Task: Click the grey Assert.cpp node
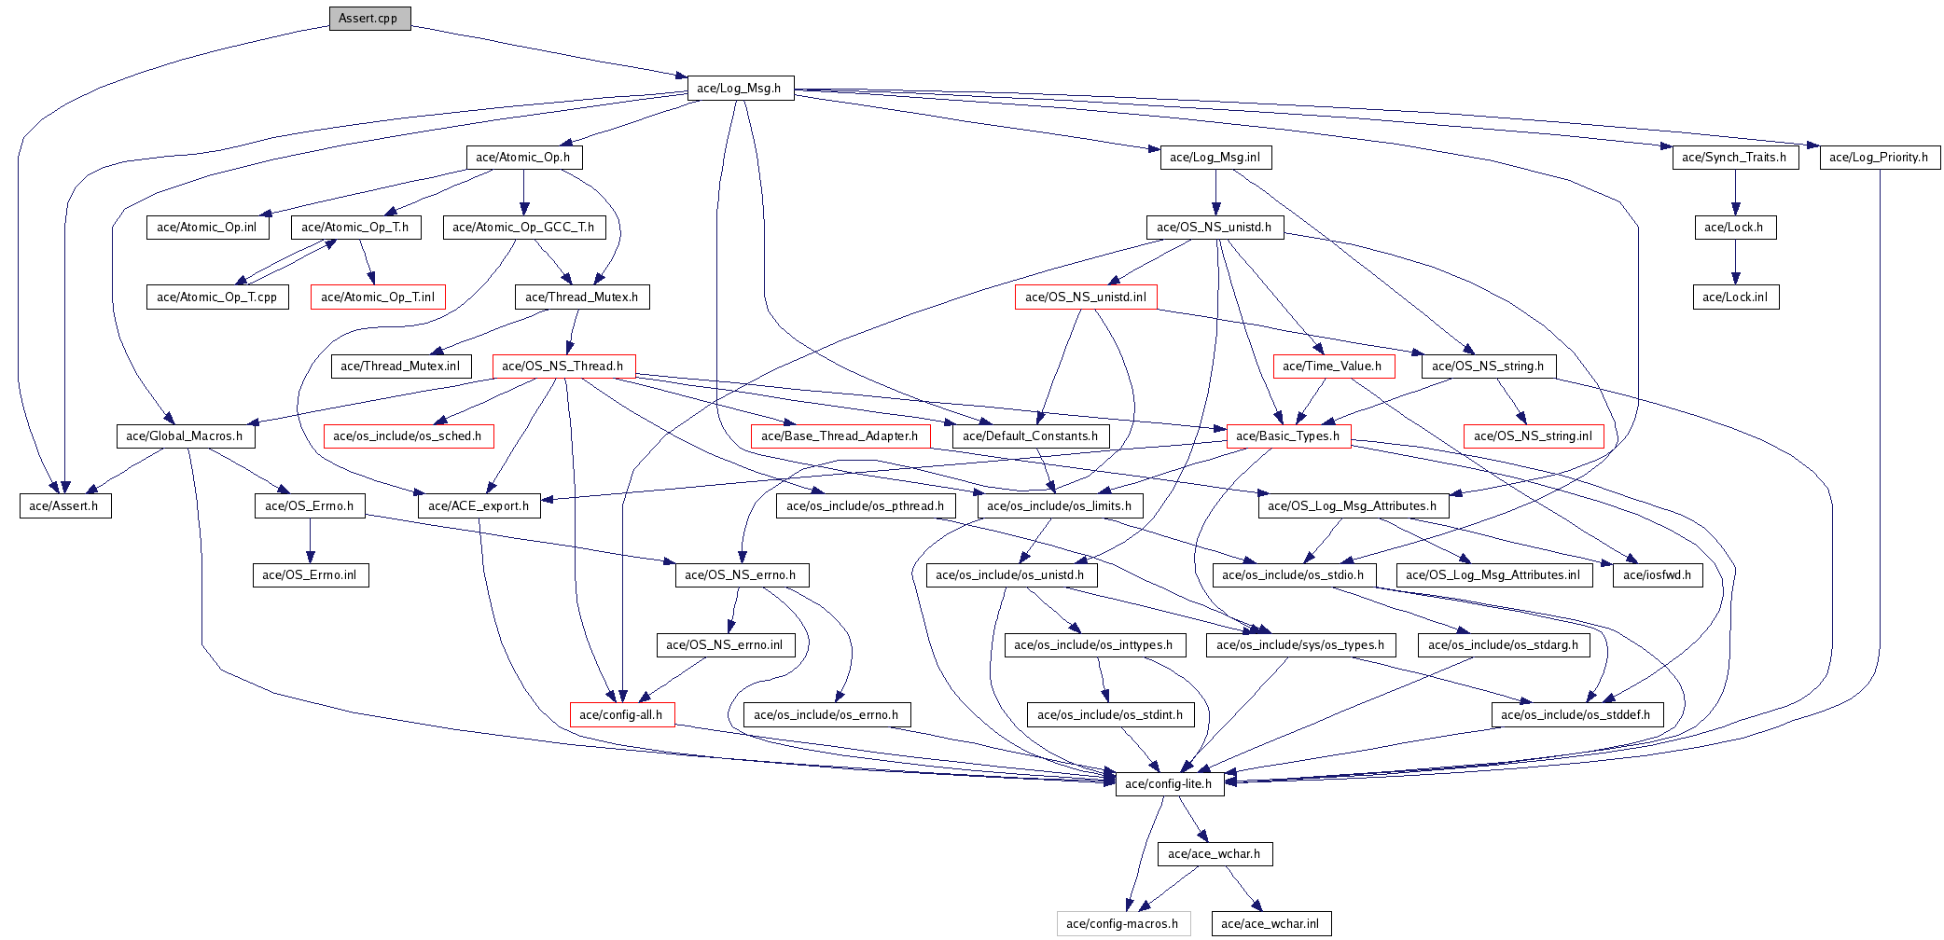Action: (x=369, y=19)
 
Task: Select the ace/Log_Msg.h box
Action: (x=740, y=89)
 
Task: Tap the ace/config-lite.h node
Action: (x=1169, y=784)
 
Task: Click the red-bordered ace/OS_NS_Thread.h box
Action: (x=563, y=366)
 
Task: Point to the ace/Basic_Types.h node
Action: (x=1288, y=436)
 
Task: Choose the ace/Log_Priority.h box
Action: (x=1880, y=158)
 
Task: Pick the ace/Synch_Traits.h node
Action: (x=1735, y=158)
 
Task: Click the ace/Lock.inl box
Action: (x=1736, y=297)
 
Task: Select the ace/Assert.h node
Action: (x=65, y=506)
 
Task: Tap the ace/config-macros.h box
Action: (x=1123, y=924)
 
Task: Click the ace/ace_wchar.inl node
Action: (x=1271, y=924)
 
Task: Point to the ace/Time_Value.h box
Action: (x=1333, y=366)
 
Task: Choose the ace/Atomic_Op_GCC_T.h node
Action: (x=524, y=228)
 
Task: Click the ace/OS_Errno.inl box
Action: (x=311, y=575)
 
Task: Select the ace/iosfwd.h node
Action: (x=1658, y=575)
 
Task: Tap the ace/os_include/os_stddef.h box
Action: (x=1576, y=715)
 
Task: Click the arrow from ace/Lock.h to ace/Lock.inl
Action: (x=1735, y=262)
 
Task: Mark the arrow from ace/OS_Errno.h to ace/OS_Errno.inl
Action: (x=311, y=541)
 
